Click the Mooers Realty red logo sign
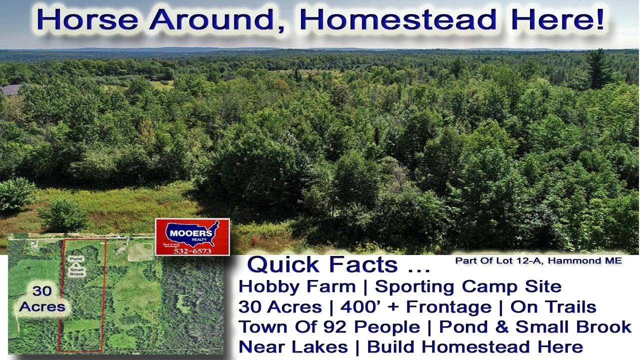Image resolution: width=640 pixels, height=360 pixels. tap(192, 236)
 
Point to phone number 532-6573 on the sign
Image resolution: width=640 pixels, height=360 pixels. tap(192, 250)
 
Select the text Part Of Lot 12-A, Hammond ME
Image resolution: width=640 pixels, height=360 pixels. tap(538, 260)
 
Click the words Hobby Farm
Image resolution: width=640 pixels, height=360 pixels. tap(297, 286)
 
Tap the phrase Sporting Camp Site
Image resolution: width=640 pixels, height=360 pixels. tap(468, 286)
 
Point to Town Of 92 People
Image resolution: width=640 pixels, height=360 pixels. tap(329, 326)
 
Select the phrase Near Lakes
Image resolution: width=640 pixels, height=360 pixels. tap(293, 346)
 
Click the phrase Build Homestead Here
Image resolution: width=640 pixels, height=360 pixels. tap(475, 346)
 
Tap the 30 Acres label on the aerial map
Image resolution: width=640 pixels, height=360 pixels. tap(42, 299)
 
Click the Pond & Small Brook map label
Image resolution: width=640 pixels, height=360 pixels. tap(77, 265)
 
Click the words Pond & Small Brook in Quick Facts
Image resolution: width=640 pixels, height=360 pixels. tap(535, 326)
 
